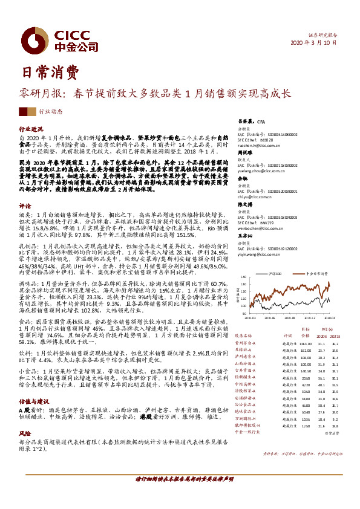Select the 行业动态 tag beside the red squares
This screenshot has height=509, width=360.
point(50,112)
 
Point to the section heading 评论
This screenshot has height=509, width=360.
point(25,205)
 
